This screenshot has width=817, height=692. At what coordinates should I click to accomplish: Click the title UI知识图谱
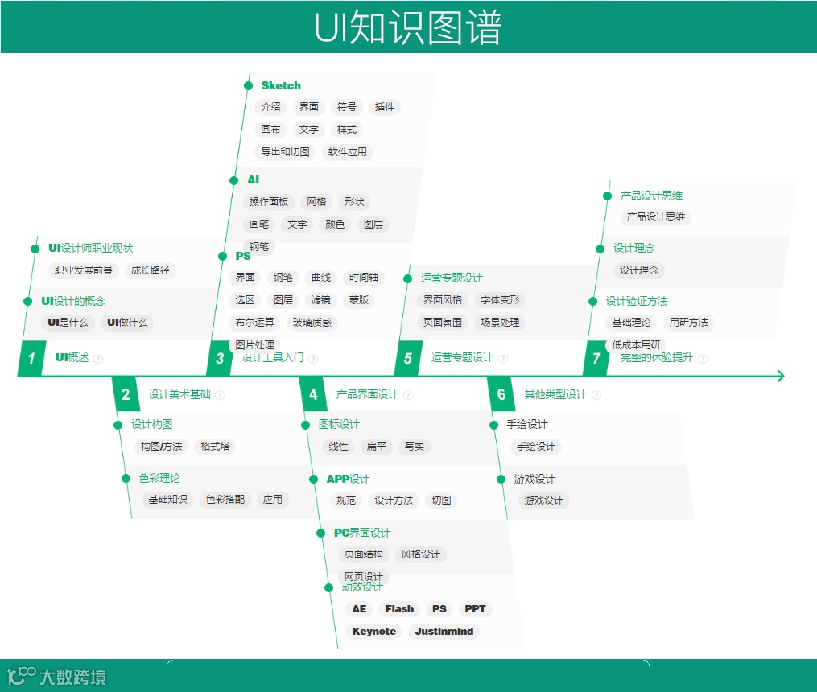click(x=408, y=27)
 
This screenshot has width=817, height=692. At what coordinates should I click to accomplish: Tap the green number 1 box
click(x=31, y=358)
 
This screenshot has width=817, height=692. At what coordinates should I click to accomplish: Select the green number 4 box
click(x=313, y=394)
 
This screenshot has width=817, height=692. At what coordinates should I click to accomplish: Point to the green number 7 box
click(x=596, y=358)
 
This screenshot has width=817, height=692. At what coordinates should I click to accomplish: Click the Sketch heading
click(x=281, y=85)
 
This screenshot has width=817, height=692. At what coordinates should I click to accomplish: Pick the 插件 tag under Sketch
click(x=385, y=106)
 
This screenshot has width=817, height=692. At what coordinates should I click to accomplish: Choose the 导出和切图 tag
click(x=285, y=151)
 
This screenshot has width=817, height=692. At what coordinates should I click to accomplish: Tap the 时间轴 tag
click(x=364, y=278)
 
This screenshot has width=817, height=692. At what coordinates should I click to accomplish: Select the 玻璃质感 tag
click(x=312, y=323)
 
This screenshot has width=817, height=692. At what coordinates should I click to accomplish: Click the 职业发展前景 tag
click(x=84, y=270)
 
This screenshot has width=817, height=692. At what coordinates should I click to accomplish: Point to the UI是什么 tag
click(x=68, y=323)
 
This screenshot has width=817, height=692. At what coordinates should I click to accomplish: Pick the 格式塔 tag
click(x=216, y=447)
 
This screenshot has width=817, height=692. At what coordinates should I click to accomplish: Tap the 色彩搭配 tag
click(x=225, y=500)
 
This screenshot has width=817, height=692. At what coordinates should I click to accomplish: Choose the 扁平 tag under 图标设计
click(x=376, y=447)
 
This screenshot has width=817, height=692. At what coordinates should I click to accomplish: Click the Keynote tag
click(x=374, y=632)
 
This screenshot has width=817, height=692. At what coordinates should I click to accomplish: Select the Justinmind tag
click(x=444, y=632)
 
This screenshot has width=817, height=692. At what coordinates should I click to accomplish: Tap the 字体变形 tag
click(x=500, y=300)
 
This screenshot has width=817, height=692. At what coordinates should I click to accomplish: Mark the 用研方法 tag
click(x=689, y=323)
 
